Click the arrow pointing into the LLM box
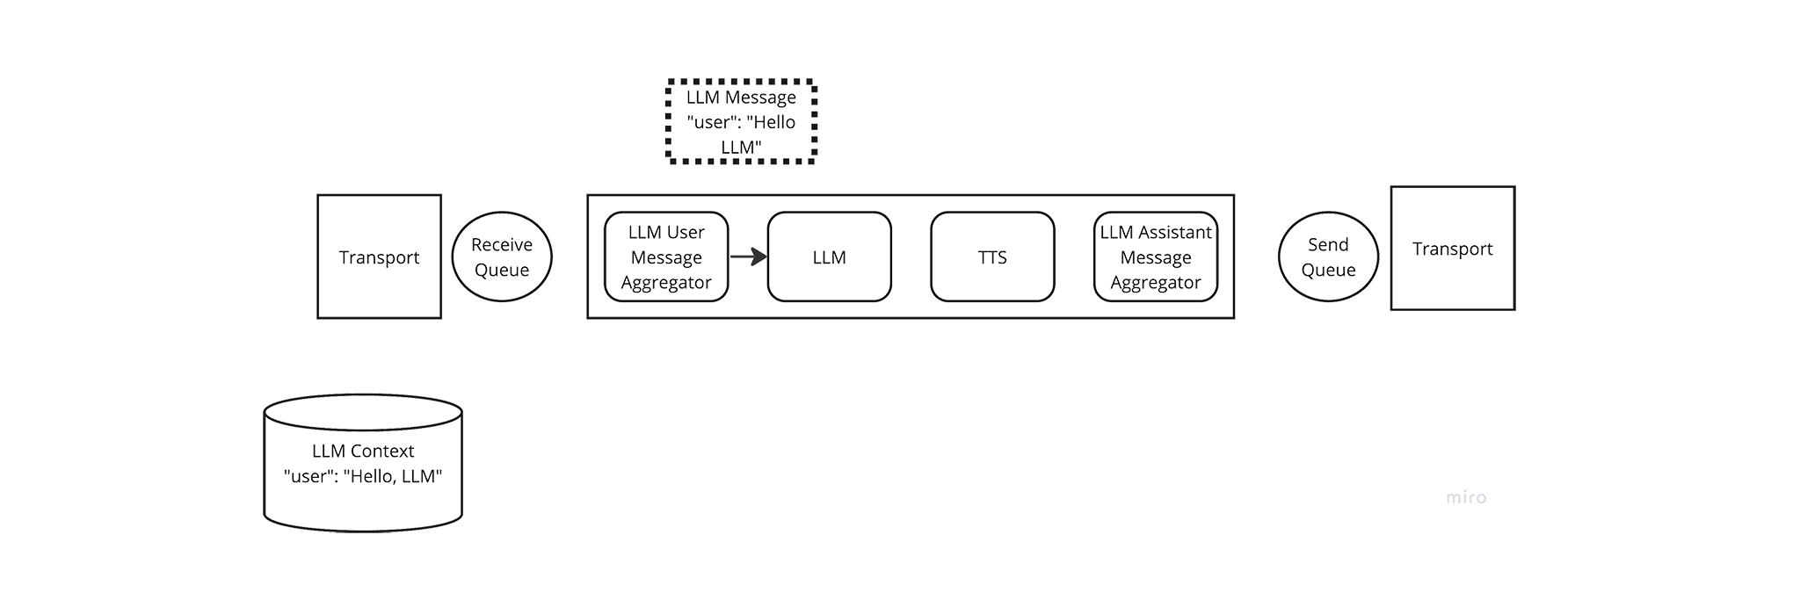(x=749, y=257)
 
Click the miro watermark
(x=1466, y=497)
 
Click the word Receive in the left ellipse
(x=502, y=244)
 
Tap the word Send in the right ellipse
(x=1328, y=244)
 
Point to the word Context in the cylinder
(x=382, y=451)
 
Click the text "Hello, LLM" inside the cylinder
(x=393, y=476)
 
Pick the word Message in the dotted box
(x=761, y=97)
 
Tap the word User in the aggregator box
(x=686, y=232)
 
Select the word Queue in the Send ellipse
(x=1328, y=270)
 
